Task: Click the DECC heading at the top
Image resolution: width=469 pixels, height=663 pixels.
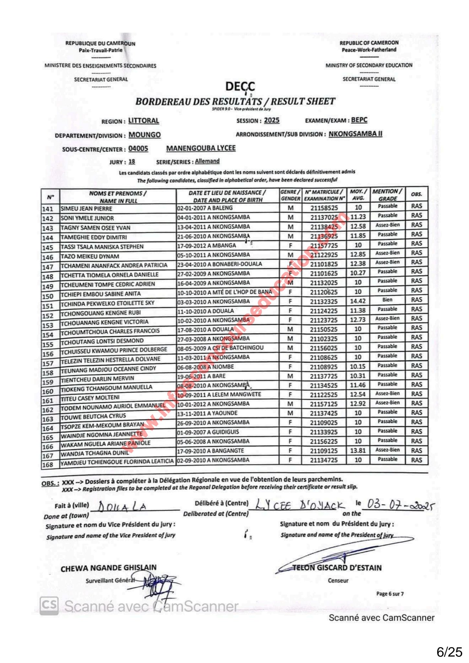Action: tap(240, 86)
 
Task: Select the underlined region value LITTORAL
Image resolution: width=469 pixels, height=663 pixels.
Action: tap(144, 121)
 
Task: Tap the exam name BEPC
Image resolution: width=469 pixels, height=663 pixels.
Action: tap(359, 120)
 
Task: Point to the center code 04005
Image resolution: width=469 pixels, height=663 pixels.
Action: tap(138, 149)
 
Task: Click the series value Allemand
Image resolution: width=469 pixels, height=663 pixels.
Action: tap(207, 161)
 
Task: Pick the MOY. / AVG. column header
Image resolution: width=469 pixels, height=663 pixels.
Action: tap(358, 195)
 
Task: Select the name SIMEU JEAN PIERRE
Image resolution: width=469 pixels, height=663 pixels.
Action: tap(87, 209)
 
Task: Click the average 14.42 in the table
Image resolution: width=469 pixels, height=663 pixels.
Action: tap(358, 301)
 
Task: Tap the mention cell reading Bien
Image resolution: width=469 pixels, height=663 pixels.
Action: tap(387, 300)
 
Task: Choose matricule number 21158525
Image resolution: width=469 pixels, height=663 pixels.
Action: tap(324, 208)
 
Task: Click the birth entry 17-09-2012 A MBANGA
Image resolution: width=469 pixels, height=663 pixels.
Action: tap(206, 245)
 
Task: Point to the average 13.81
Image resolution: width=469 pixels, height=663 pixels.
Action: tap(358, 450)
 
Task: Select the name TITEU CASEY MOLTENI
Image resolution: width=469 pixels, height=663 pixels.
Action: tap(90, 398)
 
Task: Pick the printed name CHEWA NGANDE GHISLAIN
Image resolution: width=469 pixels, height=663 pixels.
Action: tap(109, 568)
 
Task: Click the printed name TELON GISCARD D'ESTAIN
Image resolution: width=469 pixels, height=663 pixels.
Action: tap(337, 568)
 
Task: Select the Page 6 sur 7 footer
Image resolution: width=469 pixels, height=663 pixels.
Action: tap(390, 594)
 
